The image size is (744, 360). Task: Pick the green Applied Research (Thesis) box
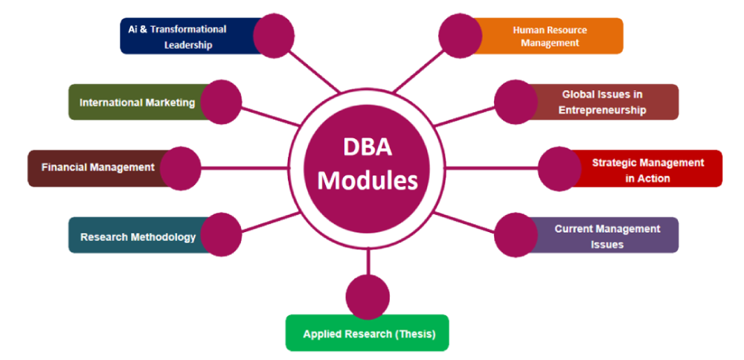coord(368,334)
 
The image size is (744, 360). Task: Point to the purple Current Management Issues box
coord(606,236)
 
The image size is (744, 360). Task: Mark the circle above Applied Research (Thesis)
coord(368,295)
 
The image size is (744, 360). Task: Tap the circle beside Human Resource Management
coord(461,34)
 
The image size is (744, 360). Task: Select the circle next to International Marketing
coord(221,101)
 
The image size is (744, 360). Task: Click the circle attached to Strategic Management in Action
coord(559,168)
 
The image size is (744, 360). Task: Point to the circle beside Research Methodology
coord(221,234)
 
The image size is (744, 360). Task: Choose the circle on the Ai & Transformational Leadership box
coord(274,34)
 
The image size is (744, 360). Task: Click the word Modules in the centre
coord(368,180)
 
